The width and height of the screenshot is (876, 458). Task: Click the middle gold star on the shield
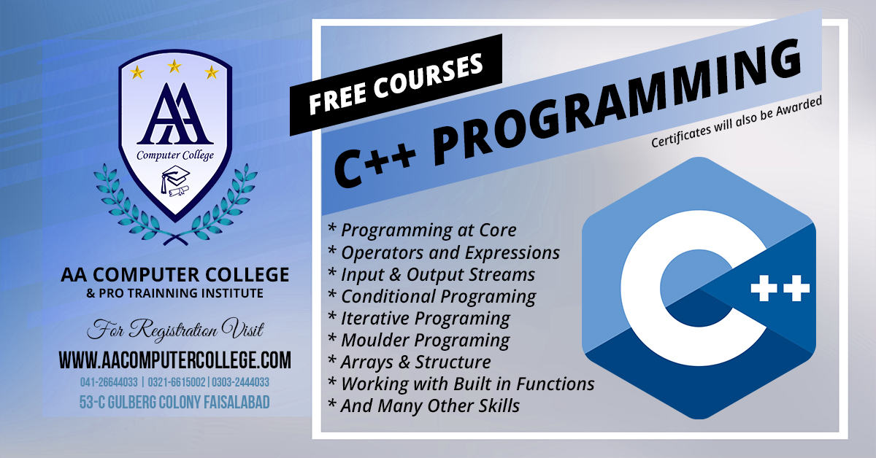tap(174, 66)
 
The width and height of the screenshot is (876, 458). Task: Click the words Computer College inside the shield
tap(175, 155)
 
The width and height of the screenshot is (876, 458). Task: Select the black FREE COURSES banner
tap(396, 85)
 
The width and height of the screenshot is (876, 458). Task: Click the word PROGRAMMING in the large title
tap(617, 104)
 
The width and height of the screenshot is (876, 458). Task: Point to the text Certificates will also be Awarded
tap(737, 122)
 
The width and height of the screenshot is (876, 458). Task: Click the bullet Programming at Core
tap(423, 230)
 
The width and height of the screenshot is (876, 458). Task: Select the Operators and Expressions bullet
tap(444, 252)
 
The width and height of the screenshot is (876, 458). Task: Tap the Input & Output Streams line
tap(431, 274)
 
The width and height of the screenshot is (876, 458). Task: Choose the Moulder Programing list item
tap(419, 340)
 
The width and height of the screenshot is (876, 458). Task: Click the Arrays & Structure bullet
tap(410, 362)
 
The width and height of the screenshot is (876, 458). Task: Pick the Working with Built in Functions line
tap(461, 384)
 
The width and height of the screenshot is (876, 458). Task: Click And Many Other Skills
tap(424, 405)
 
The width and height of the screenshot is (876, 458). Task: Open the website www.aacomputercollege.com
tap(174, 360)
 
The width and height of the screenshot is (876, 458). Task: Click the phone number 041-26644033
tap(109, 382)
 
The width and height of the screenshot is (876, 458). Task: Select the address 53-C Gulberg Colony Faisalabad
tap(174, 402)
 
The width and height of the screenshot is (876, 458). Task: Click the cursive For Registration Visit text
tap(175, 330)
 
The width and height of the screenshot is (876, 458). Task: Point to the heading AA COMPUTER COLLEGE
tap(174, 275)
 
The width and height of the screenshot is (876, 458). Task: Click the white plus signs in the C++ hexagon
tap(780, 288)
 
